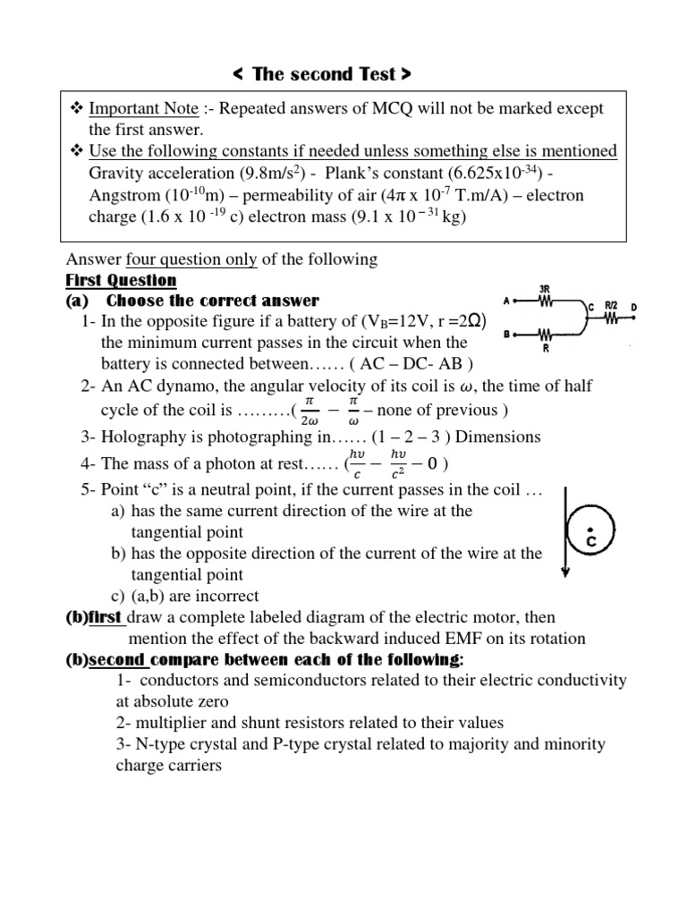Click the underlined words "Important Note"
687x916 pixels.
click(x=143, y=108)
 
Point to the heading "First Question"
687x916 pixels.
click(x=121, y=280)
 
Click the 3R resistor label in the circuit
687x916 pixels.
click(x=545, y=290)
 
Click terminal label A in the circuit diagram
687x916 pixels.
click(x=506, y=302)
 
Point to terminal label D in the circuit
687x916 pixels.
click(x=634, y=309)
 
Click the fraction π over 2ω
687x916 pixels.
click(x=310, y=411)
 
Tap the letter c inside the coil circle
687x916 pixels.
click(x=590, y=541)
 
